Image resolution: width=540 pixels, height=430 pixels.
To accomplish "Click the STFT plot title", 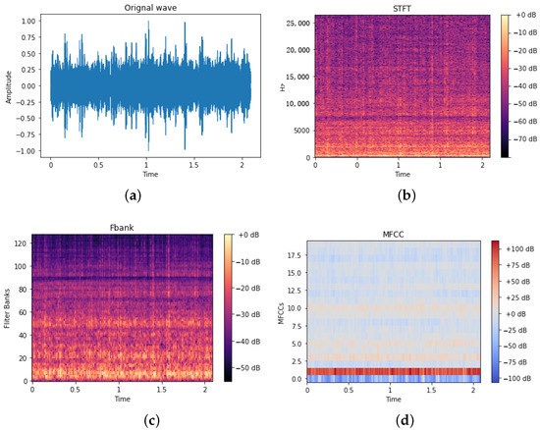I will (404, 9).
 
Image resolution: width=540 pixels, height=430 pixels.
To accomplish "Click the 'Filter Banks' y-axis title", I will (8, 309).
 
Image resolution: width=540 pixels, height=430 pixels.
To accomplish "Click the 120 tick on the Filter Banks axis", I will (22, 245).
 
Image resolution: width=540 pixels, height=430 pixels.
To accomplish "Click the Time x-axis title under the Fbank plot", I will (123, 401).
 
